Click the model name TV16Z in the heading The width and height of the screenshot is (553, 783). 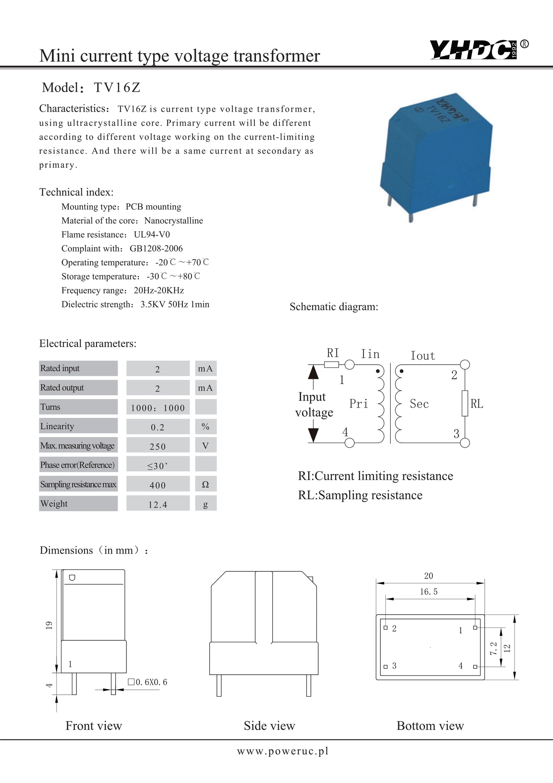[x=117, y=88]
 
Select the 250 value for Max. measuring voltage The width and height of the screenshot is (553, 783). [x=158, y=446]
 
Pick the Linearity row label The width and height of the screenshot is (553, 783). [x=57, y=426]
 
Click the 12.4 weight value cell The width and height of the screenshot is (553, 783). [x=158, y=504]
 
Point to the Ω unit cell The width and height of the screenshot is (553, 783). [x=205, y=484]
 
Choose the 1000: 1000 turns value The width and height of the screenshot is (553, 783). [x=158, y=408]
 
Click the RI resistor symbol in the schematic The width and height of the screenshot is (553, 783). [x=331, y=364]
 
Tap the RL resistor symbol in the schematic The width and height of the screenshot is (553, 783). [x=465, y=403]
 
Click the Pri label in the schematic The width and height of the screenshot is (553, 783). [x=359, y=404]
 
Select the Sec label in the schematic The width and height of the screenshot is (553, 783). [x=419, y=404]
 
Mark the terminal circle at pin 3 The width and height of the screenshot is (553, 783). [x=465, y=443]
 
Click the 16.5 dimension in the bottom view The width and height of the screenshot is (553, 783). [x=428, y=592]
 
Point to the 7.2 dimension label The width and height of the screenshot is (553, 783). [x=493, y=648]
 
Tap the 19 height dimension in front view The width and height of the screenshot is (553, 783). [x=49, y=625]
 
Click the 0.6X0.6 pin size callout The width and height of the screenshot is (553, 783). [x=148, y=682]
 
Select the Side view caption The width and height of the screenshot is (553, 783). [x=269, y=726]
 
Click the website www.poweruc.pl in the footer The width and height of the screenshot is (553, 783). [x=283, y=751]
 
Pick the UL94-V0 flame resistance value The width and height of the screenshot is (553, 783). [x=152, y=235]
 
